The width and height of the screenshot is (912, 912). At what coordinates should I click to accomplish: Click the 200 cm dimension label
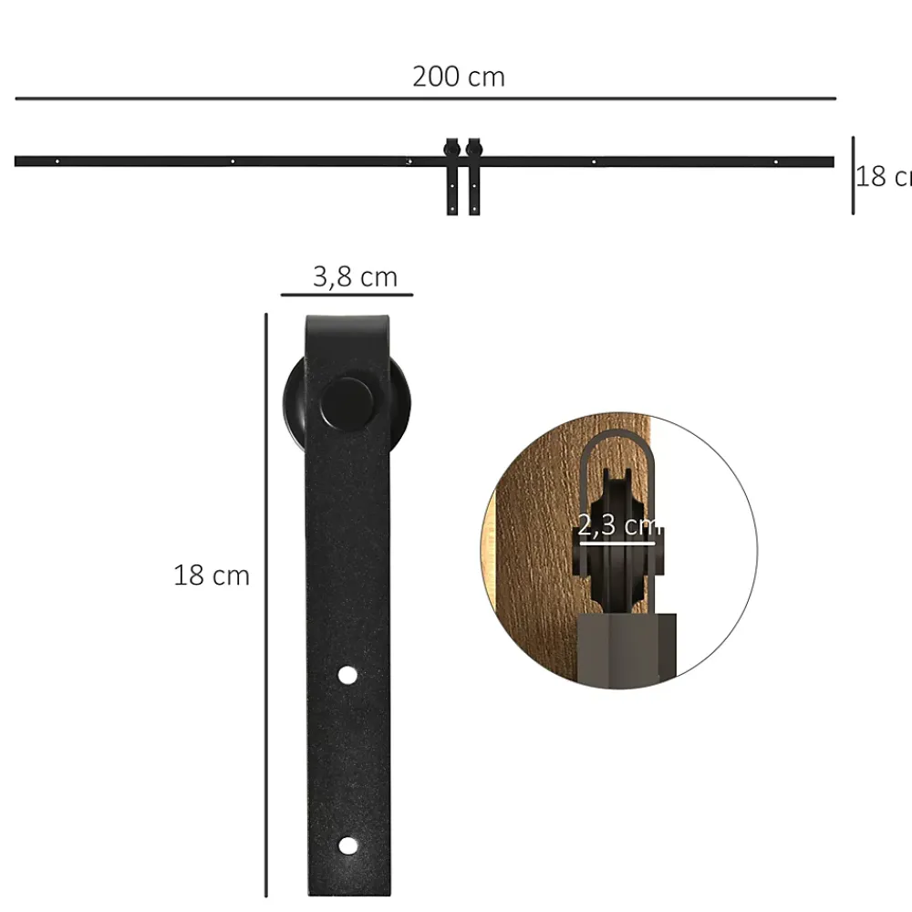point(459,77)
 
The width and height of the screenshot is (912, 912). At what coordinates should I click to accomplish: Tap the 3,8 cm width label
point(355,276)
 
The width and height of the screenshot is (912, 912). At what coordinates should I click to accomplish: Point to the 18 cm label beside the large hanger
point(212,575)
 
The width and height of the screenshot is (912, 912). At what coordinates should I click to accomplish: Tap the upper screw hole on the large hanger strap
point(347,675)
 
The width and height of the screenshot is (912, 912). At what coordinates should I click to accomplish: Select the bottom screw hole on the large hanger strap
point(348,845)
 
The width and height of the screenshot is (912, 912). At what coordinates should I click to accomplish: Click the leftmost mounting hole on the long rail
point(57,161)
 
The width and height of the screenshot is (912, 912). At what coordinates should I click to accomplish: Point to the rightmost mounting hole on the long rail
point(775,161)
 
